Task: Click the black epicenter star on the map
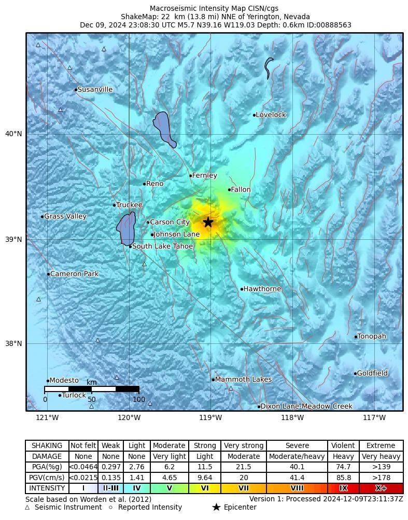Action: click(208, 222)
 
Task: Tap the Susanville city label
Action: click(95, 90)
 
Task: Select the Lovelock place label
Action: click(271, 115)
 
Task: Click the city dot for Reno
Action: click(145, 184)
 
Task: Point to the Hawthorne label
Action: click(262, 289)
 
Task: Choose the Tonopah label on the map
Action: click(372, 337)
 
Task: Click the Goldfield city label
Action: click(372, 373)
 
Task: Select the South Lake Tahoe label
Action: click(162, 247)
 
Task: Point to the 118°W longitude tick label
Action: click(292, 418)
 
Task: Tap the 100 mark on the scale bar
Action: click(139, 399)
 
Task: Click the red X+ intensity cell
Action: click(381, 488)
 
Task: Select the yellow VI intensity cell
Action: click(205, 488)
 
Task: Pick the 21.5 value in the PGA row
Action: click(244, 467)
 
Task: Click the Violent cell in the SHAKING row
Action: click(343, 445)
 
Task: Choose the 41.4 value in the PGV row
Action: click(298, 478)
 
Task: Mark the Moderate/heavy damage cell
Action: click(298, 456)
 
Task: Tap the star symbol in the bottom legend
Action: click(217, 507)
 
